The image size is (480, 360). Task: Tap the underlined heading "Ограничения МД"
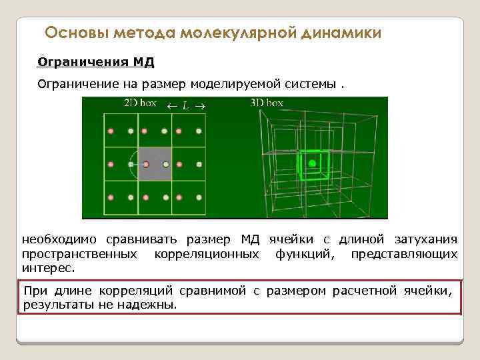pyautogui.click(x=96, y=63)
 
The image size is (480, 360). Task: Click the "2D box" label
pyautogui.click(x=141, y=103)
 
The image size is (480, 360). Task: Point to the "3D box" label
pyautogui.click(x=267, y=103)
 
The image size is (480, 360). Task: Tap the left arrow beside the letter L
pyautogui.click(x=171, y=105)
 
